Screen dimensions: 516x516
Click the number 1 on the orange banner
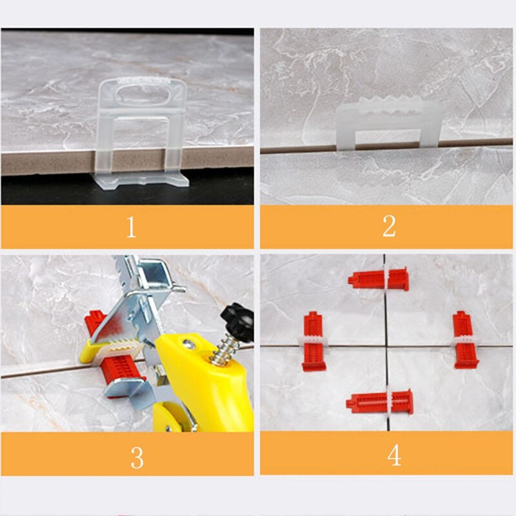(131, 227)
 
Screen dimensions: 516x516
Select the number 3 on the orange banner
(137, 456)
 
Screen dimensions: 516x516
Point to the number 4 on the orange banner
(394, 455)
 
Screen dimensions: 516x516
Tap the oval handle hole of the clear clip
(143, 91)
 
